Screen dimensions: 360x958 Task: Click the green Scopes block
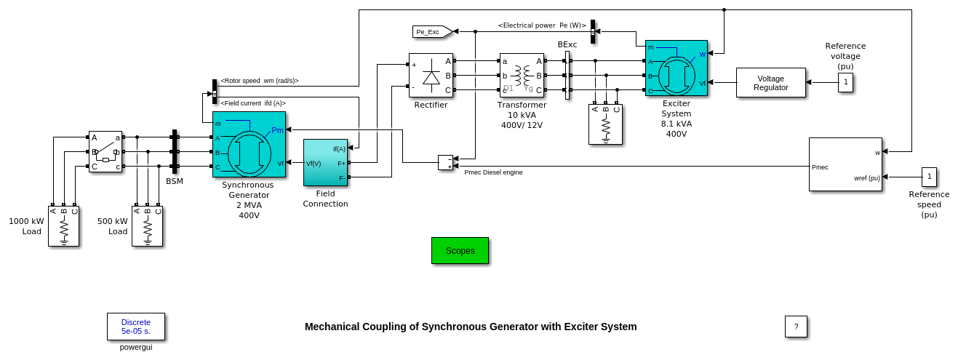(460, 250)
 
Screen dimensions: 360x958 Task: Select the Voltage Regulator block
(770, 83)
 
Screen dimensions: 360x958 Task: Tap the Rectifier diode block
(431, 76)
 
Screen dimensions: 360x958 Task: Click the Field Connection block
(325, 163)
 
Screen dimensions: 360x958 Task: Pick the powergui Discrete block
(136, 327)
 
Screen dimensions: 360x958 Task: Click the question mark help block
(796, 327)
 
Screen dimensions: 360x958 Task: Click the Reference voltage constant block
(845, 83)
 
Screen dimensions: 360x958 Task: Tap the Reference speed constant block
(929, 177)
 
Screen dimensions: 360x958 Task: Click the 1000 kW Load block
(63, 226)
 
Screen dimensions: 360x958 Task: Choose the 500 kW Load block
(147, 226)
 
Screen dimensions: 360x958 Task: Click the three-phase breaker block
(105, 152)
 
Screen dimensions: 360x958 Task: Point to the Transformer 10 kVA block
(522, 76)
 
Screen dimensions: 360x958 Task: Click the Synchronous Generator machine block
(249, 144)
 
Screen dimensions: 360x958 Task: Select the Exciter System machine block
(676, 68)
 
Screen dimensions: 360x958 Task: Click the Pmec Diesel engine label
(493, 172)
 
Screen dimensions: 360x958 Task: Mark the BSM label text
(175, 181)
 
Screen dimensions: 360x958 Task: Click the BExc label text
(567, 45)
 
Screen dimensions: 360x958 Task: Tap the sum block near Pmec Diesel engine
(445, 162)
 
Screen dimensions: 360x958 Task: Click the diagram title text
(471, 327)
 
